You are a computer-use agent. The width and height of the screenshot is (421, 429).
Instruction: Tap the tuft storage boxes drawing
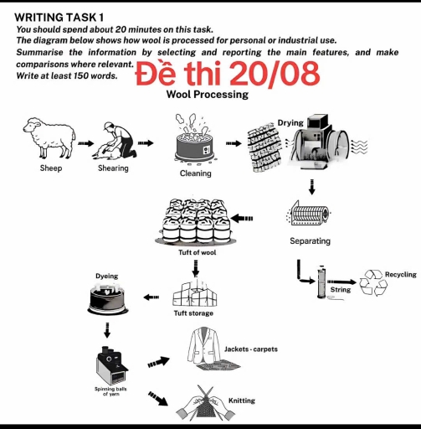point(194,293)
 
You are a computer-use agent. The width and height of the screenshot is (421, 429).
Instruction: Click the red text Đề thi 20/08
point(227,75)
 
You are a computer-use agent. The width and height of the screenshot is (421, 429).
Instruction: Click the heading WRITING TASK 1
point(60,17)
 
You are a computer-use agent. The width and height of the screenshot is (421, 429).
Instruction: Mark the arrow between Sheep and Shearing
point(85,144)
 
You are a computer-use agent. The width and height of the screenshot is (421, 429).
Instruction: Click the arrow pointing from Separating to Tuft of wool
point(241,219)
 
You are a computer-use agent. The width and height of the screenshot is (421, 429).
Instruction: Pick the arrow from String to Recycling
point(341,282)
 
